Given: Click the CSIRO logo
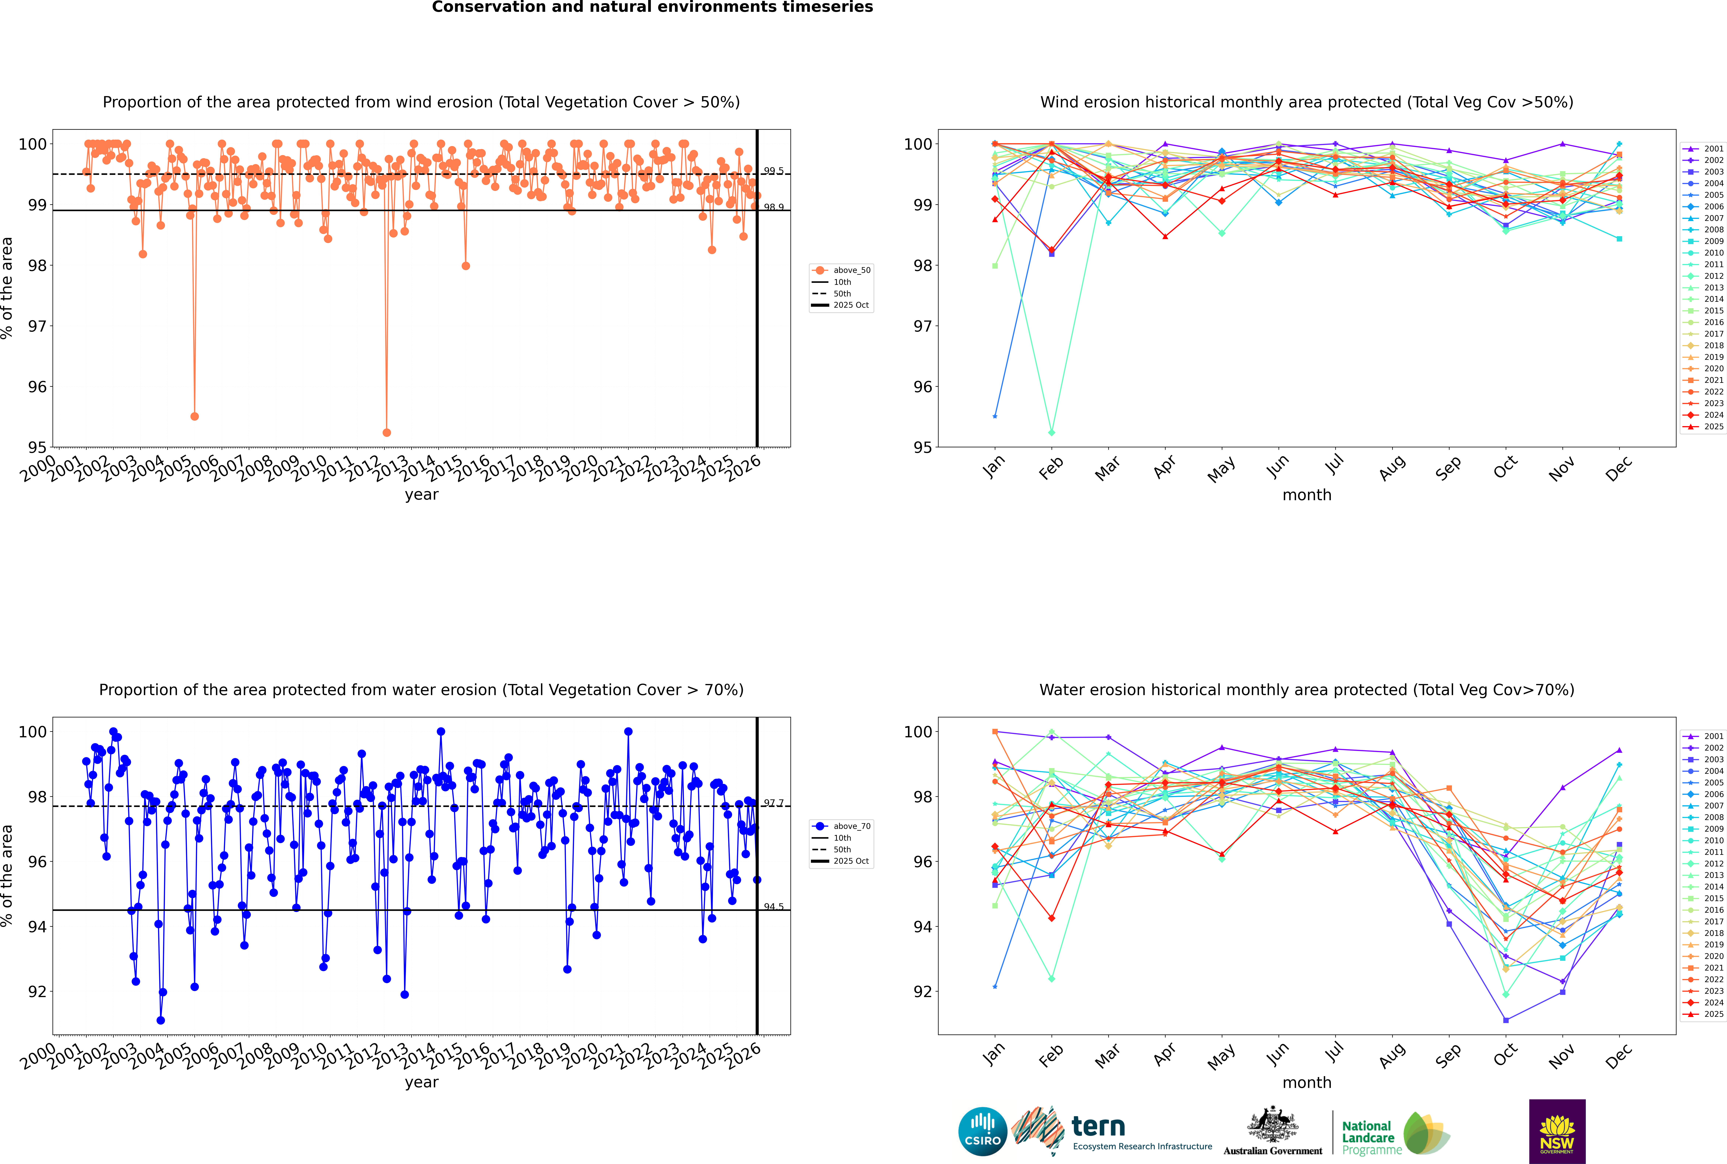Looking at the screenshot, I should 982,1131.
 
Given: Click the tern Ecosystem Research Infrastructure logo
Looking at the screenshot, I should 1111,1131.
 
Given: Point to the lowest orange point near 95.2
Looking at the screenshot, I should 386,432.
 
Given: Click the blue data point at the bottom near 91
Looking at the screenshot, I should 160,1020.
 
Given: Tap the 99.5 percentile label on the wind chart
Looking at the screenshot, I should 774,171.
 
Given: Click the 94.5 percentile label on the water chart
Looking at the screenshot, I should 774,906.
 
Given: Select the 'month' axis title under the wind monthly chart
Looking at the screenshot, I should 1307,495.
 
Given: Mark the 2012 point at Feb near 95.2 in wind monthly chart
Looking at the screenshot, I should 1051,432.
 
